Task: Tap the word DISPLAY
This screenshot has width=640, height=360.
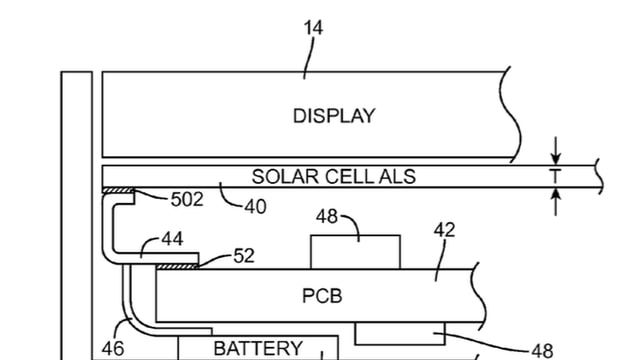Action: pos(334,116)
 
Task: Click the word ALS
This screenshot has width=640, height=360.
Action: pos(395,177)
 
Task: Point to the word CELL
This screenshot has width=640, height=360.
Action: pos(343,177)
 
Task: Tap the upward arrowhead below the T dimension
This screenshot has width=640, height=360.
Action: pos(557,195)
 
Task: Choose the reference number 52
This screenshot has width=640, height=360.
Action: pos(244,256)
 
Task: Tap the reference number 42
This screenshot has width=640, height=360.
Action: pos(444,230)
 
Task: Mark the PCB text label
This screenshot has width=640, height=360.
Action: pos(323,296)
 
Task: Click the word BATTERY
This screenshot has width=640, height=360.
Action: pos(257,349)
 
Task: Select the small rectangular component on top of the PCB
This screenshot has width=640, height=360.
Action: pos(355,251)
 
